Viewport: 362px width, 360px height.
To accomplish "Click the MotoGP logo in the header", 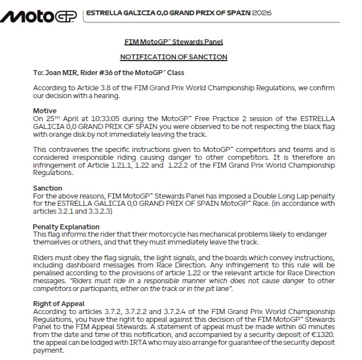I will tap(39, 16).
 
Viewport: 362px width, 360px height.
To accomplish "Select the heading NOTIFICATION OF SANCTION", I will tap(174, 57).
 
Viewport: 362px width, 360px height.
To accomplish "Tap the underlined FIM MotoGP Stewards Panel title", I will tap(174, 41).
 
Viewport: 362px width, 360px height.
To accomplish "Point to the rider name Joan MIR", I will tap(62, 72).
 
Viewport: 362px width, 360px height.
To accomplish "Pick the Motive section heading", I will tap(45, 111).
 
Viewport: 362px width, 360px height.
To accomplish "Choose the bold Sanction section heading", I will tap(48, 188).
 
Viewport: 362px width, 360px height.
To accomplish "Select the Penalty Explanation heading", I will tap(66, 227).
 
